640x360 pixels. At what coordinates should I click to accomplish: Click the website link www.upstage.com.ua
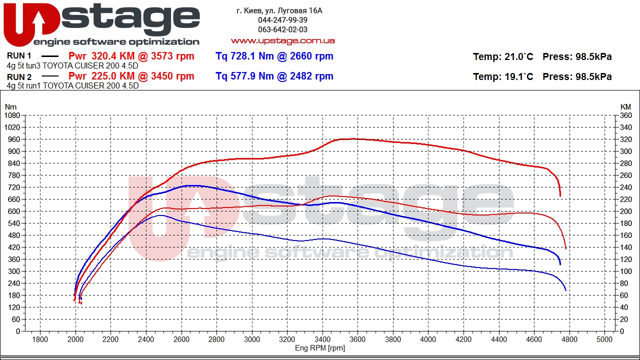[282, 41]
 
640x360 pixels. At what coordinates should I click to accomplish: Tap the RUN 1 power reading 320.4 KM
[113, 56]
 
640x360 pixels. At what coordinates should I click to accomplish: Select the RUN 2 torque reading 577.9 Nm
[243, 76]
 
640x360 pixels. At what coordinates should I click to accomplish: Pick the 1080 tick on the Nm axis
[12, 115]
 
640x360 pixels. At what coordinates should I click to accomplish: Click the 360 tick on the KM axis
[625, 115]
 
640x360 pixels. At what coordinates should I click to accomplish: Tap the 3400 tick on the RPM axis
[322, 339]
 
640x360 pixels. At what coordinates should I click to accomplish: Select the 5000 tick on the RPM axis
[604, 339]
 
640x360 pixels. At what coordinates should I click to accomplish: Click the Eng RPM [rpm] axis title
[320, 348]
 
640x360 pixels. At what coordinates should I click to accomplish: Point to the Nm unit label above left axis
[10, 107]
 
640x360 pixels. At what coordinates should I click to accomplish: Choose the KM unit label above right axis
[625, 107]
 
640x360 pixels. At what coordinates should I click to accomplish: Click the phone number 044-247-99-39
[282, 20]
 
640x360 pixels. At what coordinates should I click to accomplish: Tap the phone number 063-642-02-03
[282, 29]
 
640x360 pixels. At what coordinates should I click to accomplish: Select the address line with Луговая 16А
[279, 11]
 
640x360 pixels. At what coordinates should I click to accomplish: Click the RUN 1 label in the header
[19, 55]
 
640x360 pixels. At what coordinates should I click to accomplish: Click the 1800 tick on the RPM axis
[40, 339]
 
